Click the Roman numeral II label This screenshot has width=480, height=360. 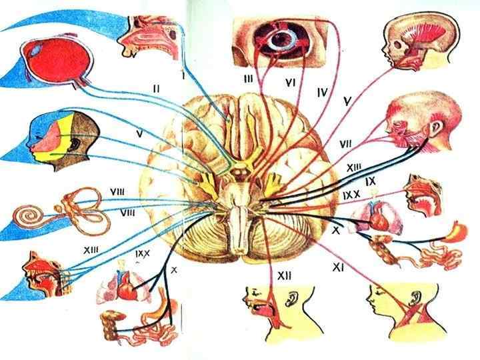pos(155,87)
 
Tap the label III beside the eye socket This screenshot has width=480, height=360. pos(248,79)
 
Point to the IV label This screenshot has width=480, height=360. pos(321,93)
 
